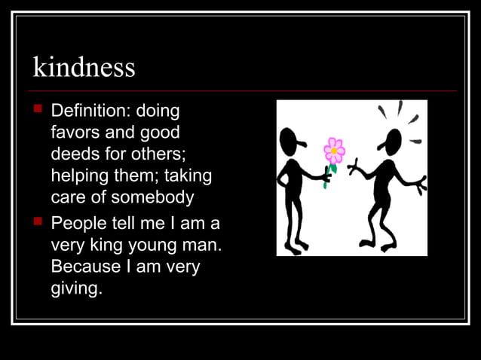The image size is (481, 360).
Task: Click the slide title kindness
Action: [x=84, y=68]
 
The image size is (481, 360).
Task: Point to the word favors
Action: [x=75, y=133]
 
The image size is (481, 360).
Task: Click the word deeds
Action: [x=74, y=155]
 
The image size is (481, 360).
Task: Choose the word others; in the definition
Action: [x=161, y=155]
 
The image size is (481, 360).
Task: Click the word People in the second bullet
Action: [x=81, y=224]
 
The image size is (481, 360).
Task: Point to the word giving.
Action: [x=75, y=289]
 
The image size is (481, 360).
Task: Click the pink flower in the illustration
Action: [x=333, y=151]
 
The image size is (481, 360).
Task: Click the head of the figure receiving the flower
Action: [x=391, y=141]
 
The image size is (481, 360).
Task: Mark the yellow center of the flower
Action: [x=333, y=151]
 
